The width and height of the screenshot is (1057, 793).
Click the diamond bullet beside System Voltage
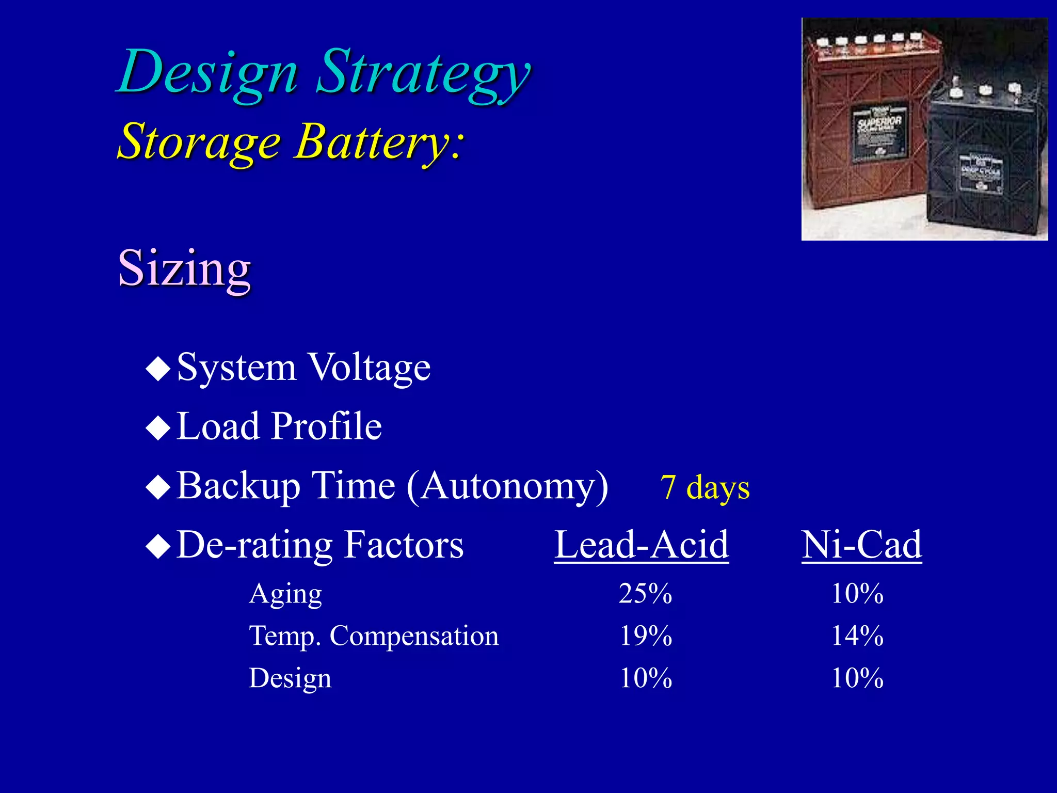click(x=158, y=369)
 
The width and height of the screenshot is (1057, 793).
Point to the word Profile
click(x=327, y=426)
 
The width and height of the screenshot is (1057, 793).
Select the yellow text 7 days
click(x=704, y=487)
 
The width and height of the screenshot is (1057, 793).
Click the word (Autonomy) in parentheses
click(x=507, y=486)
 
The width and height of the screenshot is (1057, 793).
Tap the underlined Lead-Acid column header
click(x=641, y=545)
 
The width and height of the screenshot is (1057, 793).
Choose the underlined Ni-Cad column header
click(x=861, y=545)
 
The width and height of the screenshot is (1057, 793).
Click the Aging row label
click(x=285, y=594)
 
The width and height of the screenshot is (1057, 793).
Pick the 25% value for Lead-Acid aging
click(x=645, y=594)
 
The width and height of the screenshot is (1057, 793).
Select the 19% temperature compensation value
click(x=645, y=636)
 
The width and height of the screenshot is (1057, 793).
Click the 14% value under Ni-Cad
click(x=857, y=636)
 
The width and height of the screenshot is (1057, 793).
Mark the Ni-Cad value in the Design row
click(x=857, y=678)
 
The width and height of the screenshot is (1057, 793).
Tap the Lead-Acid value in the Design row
click(x=645, y=678)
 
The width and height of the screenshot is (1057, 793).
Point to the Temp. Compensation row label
click(x=374, y=636)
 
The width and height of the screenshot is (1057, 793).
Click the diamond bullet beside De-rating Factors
click(x=158, y=546)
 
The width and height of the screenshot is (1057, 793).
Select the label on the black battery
click(x=981, y=173)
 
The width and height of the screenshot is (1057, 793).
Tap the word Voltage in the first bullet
click(x=369, y=368)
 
